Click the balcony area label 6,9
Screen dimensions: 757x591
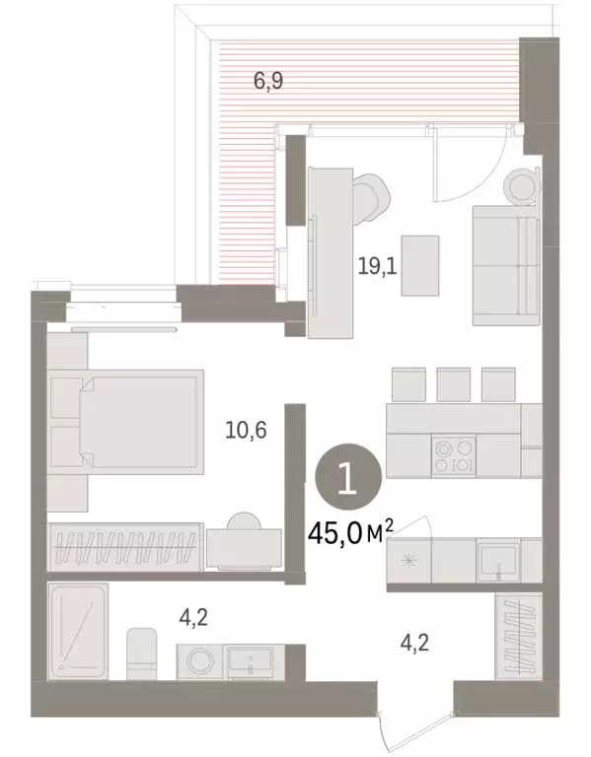(x=269, y=82)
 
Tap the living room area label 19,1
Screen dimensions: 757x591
(x=377, y=264)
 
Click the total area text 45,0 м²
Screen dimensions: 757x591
(x=351, y=537)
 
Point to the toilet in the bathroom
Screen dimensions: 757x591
(x=144, y=653)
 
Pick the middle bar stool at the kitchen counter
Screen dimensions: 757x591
(x=454, y=382)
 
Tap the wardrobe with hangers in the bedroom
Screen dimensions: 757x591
(x=125, y=547)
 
